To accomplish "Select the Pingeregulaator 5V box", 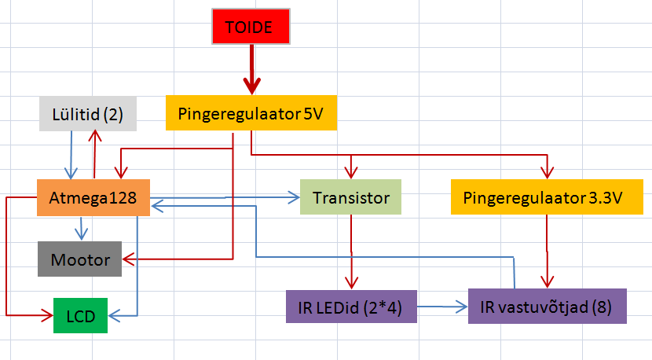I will (251, 113).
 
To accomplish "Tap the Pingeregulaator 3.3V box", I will (548, 198).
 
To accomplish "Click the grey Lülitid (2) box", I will (87, 114).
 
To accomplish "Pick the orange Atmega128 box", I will (93, 198).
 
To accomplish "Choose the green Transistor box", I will (350, 198).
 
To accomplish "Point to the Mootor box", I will (80, 259).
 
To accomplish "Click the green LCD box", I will (80, 315).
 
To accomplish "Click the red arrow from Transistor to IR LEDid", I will (350, 252).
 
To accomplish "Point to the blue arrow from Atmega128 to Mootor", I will (80, 228).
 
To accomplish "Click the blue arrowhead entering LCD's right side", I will (113, 316).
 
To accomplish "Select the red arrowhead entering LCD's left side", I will (49, 316).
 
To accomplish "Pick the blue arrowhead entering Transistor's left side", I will (295, 197).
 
